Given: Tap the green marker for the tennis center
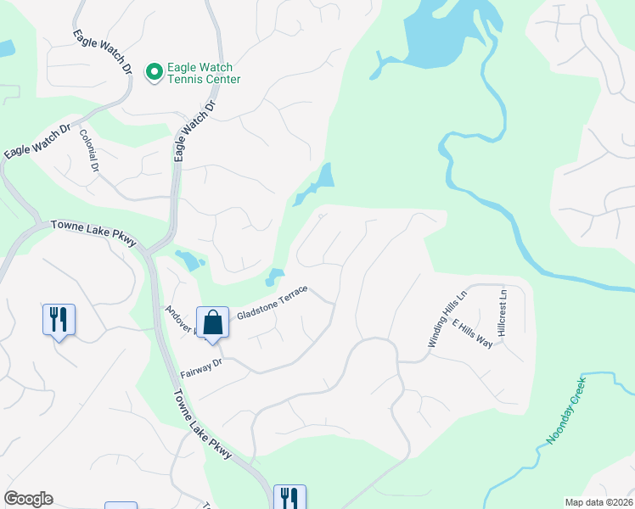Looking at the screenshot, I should click(x=155, y=73).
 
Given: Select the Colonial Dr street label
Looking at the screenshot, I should click(x=89, y=151).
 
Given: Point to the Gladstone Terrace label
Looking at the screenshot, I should click(x=273, y=302).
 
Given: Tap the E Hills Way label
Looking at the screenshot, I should click(x=472, y=335).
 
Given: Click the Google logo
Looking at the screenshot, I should click(x=28, y=499).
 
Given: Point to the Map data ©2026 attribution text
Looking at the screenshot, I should click(x=598, y=501).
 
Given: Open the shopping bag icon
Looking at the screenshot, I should click(x=211, y=322).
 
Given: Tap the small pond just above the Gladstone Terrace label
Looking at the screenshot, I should click(x=274, y=276).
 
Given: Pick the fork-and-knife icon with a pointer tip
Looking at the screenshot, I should click(x=59, y=320).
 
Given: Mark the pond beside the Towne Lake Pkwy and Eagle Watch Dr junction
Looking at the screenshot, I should click(x=189, y=259).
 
